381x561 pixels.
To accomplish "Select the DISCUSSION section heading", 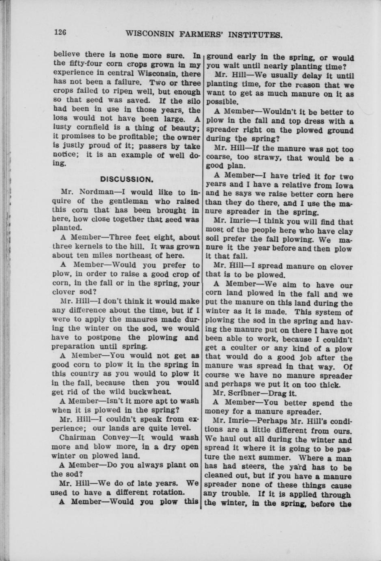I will [126, 179].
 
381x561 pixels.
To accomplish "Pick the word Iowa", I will [344, 185].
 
